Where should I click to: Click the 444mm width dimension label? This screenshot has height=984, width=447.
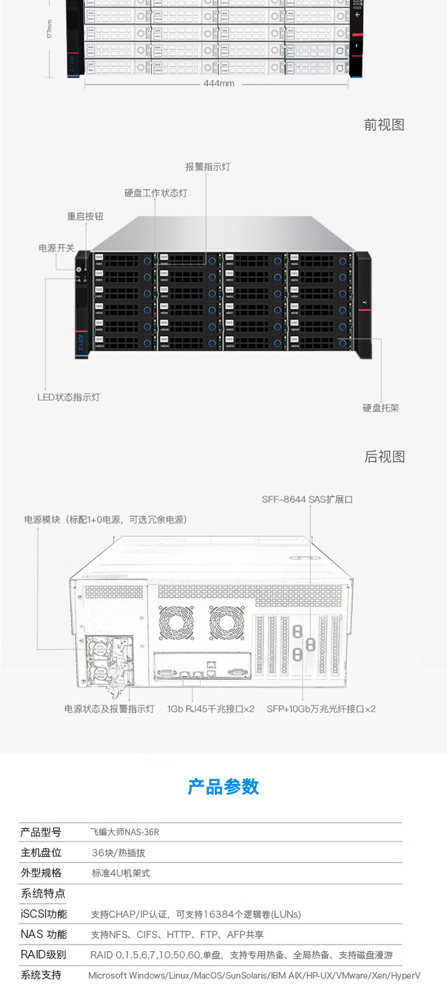[x=219, y=83]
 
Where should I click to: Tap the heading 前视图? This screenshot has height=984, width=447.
[x=384, y=125]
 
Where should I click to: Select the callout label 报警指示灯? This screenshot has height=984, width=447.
[x=208, y=167]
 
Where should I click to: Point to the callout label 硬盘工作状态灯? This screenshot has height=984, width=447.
[x=156, y=193]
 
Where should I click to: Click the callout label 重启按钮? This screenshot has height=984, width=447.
[x=85, y=216]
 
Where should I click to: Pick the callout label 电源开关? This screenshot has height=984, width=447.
[x=57, y=248]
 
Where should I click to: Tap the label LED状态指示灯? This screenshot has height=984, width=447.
[x=68, y=397]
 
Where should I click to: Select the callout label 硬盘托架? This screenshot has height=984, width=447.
[x=381, y=408]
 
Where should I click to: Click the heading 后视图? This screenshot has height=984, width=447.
[x=385, y=456]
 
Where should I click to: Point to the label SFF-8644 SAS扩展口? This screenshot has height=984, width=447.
[x=307, y=499]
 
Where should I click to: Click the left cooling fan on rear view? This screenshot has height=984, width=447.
[x=176, y=623]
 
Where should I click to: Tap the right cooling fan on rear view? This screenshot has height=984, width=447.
[x=227, y=623]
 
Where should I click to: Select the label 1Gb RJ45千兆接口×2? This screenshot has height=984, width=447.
[x=210, y=709]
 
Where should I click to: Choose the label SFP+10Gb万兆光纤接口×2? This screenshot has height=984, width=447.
[x=321, y=709]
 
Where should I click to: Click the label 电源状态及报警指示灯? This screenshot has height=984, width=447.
[x=109, y=709]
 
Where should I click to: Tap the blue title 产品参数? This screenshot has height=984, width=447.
[x=223, y=787]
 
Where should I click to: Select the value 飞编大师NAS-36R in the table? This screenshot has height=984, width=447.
[x=124, y=832]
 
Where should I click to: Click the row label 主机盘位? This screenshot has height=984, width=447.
[x=41, y=852]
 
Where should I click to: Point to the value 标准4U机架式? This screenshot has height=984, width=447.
[x=121, y=873]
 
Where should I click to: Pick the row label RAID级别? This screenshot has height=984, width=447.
[x=44, y=955]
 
